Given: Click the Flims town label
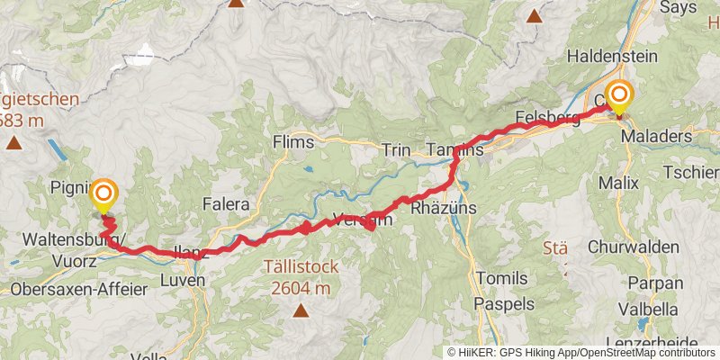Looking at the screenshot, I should [293, 142].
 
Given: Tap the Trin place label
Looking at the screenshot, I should [396, 149].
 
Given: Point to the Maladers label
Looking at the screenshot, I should [667, 137].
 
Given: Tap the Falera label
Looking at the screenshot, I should [225, 204].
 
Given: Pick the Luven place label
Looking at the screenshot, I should [184, 280].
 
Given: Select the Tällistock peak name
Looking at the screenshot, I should [298, 266].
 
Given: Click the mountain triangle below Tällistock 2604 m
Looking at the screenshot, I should [299, 312].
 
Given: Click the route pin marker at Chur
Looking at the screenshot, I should [619, 96].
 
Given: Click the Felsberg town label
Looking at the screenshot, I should [547, 116].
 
